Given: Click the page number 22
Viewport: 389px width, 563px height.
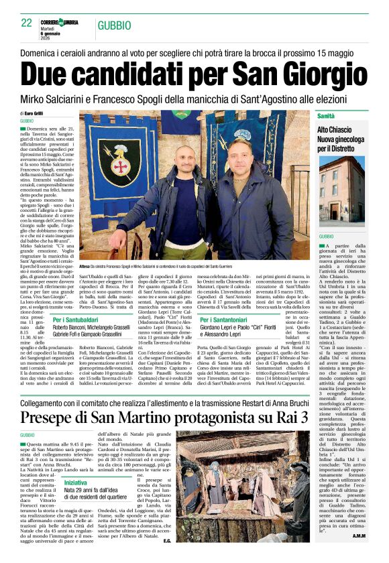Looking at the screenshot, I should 27,23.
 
